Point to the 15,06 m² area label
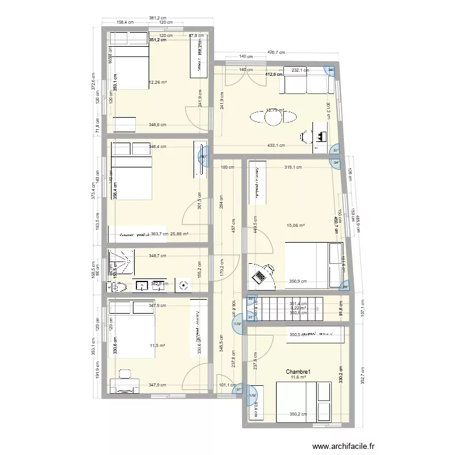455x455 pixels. point(295,225)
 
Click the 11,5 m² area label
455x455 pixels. point(157,346)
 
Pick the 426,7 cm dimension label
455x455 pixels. point(278,52)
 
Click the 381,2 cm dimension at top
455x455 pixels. point(158,18)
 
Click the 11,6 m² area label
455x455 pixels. point(298,378)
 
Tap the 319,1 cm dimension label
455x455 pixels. point(294,167)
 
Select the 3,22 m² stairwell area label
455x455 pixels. point(298,308)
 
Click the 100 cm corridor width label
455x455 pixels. point(227,167)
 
